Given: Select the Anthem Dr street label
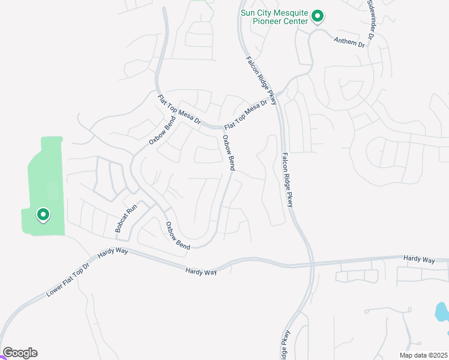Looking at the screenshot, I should [349, 41].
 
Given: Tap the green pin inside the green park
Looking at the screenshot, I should [43, 214].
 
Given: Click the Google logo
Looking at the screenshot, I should [20, 353].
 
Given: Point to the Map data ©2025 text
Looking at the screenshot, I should [415, 355].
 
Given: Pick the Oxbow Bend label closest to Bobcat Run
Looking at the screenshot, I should [178, 235].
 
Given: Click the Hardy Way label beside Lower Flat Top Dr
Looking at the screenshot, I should [113, 254].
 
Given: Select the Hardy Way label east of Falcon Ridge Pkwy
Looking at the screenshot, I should [419, 259].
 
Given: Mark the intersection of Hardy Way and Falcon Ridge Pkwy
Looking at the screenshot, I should [312, 263].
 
